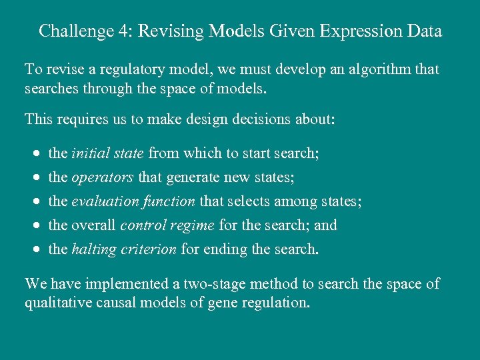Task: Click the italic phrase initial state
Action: (x=107, y=153)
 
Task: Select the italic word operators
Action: (x=103, y=177)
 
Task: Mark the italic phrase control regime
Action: (x=167, y=225)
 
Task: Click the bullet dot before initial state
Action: (x=37, y=154)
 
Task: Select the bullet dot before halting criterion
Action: (x=37, y=250)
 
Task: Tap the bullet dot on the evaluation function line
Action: (x=37, y=202)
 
